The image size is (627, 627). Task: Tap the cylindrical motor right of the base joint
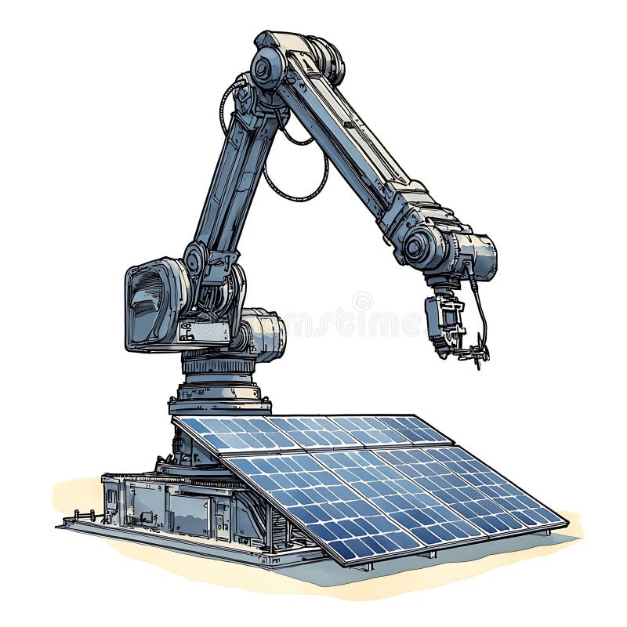coord(263,334)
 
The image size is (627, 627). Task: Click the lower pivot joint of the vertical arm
coord(195,258)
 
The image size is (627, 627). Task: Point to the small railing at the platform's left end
coord(82,516)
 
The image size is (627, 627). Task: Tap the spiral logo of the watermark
coord(362,302)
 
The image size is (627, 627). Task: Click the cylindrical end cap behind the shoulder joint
coord(328,60)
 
